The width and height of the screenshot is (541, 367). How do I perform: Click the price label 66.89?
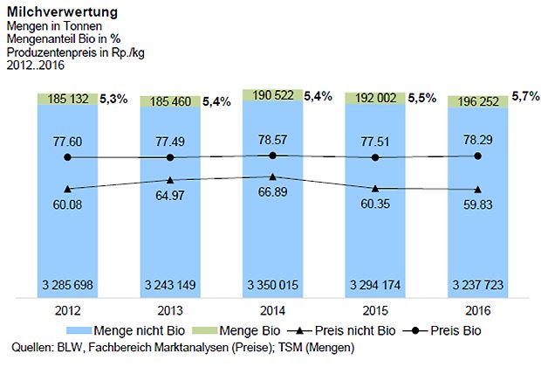pyautogui.click(x=272, y=192)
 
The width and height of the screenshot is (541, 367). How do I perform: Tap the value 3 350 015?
pyautogui.click(x=272, y=285)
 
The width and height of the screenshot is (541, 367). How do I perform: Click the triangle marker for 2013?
pyautogui.click(x=170, y=180)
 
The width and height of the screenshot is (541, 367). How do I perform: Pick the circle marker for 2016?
pyautogui.click(x=477, y=156)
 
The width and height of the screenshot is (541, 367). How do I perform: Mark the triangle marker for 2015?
pyautogui.click(x=375, y=189)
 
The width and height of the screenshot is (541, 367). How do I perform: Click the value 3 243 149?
pyautogui.click(x=170, y=285)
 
